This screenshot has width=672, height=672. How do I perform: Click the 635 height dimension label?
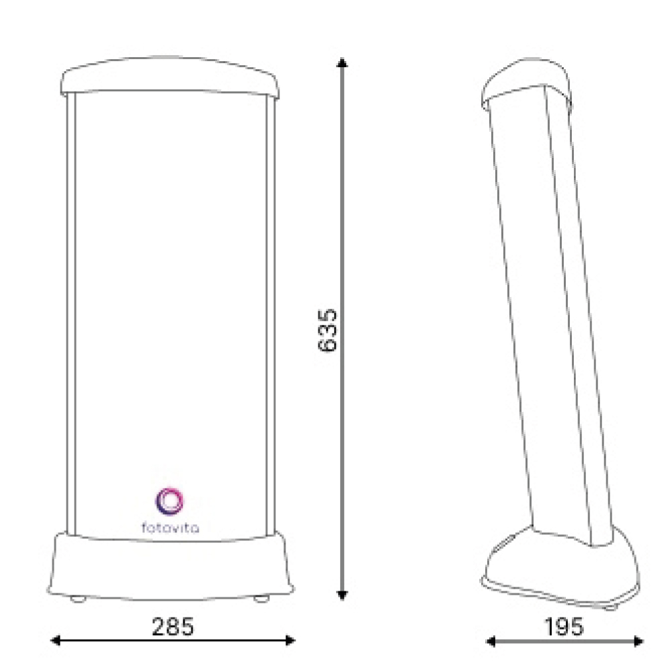point(327,330)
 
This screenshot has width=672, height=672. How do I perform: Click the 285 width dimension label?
point(173,626)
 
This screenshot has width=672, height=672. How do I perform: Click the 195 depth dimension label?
point(564,626)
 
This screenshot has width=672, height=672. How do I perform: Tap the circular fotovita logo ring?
point(170,501)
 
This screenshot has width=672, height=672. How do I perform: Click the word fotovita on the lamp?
point(170,527)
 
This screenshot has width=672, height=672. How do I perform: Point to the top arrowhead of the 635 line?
point(342,62)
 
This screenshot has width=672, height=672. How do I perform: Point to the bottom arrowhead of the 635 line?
point(342,595)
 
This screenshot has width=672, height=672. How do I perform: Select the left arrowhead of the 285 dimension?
point(55,640)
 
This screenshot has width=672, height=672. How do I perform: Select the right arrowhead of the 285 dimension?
point(290,640)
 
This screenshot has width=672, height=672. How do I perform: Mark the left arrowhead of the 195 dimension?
point(491,642)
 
